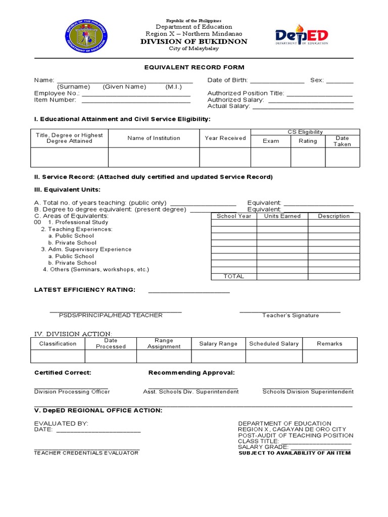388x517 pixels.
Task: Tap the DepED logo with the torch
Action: pyautogui.click(x=302, y=36)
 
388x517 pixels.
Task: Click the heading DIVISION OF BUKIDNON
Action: pyautogui.click(x=194, y=41)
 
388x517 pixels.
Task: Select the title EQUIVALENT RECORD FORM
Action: pyautogui.click(x=194, y=67)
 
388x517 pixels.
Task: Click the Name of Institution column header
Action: pyautogui.click(x=154, y=138)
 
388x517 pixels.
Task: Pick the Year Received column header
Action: pyautogui.click(x=225, y=138)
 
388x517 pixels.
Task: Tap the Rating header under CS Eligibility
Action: pyautogui.click(x=308, y=141)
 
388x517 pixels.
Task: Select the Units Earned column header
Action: pyautogui.click(x=282, y=216)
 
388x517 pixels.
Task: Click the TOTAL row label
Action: pyautogui.click(x=233, y=276)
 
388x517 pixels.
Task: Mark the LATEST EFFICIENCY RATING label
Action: pyautogui.click(x=84, y=289)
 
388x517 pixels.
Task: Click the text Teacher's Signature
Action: pyautogui.click(x=290, y=316)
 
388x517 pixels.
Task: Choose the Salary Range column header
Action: pyautogui.click(x=218, y=344)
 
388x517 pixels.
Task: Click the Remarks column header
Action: pyautogui.click(x=329, y=344)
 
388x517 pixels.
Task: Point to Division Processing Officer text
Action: pyautogui.click(x=72, y=392)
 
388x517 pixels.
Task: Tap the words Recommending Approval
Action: pyautogui.click(x=191, y=373)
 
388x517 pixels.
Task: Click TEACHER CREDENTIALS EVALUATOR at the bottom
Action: pyautogui.click(x=86, y=453)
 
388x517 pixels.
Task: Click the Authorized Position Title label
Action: pyautogui.click(x=246, y=93)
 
